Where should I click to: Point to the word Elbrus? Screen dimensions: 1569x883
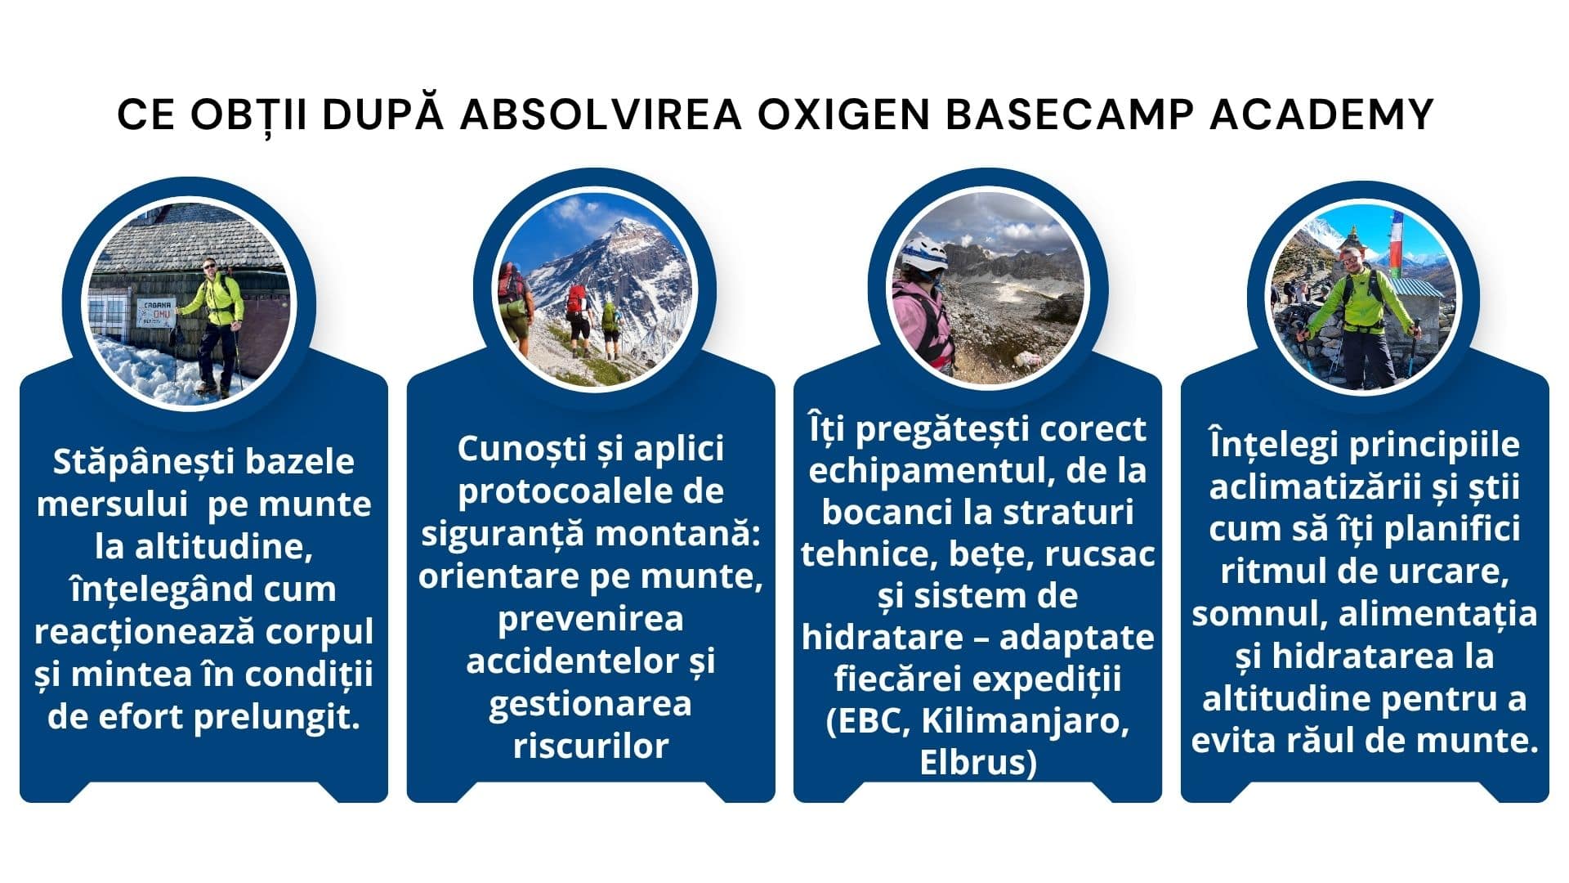[x=972, y=762]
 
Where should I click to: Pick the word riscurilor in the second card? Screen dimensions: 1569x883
[x=590, y=745]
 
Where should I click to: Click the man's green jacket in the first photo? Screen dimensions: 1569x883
[x=217, y=298]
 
